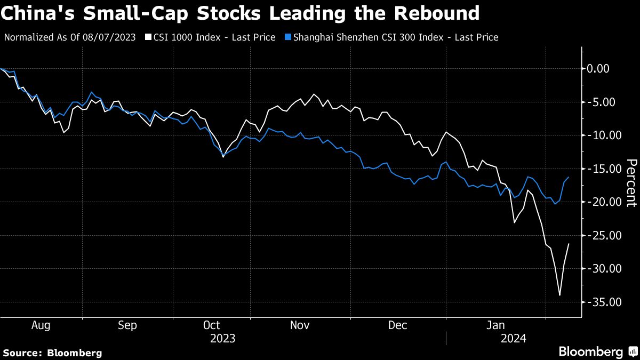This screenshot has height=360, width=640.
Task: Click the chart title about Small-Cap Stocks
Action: (x=240, y=13)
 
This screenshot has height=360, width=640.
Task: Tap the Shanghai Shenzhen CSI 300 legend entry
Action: (x=392, y=37)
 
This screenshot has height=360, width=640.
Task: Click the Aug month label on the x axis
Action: (x=41, y=325)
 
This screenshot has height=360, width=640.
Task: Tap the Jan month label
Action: (x=497, y=325)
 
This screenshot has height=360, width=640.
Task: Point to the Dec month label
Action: (x=397, y=325)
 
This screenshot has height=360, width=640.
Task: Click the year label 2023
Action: (x=222, y=338)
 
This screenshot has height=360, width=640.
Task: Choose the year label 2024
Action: (x=513, y=338)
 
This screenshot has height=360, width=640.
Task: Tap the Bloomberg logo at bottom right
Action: (x=597, y=351)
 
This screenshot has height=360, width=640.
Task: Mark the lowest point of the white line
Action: (x=559, y=295)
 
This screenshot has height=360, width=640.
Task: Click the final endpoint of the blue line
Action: (x=569, y=177)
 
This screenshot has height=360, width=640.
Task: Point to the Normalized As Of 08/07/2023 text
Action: (x=70, y=37)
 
